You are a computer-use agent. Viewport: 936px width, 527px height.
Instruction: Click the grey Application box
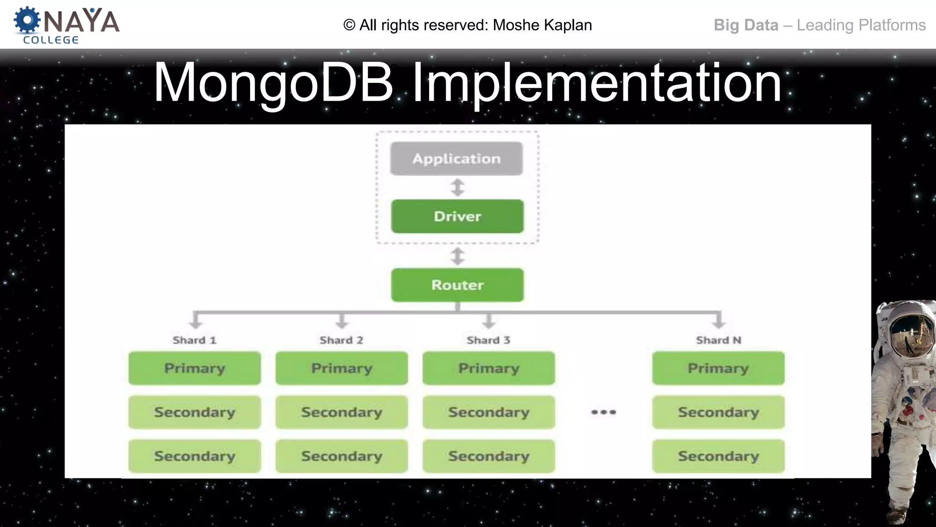456,158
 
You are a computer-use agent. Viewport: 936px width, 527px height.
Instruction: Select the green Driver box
457,216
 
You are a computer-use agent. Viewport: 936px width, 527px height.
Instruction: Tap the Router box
457,285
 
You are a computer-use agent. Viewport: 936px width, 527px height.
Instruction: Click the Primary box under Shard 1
195,368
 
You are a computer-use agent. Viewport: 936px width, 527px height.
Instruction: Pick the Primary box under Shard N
718,368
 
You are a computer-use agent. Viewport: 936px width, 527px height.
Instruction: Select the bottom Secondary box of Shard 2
341,456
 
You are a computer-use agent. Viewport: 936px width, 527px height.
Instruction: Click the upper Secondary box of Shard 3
489,412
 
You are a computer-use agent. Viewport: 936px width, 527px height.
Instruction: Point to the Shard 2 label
341,340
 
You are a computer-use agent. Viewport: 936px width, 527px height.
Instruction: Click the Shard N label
718,340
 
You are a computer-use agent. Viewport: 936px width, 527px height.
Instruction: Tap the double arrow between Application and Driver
457,187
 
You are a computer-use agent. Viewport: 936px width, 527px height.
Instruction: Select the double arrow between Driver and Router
457,256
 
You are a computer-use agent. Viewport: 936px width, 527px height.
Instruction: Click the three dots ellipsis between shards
603,412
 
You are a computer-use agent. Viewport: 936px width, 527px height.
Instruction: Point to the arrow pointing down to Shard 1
196,321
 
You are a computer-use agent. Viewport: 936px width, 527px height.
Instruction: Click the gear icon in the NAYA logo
27,20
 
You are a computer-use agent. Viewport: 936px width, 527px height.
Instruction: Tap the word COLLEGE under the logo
51,40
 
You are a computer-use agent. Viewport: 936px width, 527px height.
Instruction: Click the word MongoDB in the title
273,83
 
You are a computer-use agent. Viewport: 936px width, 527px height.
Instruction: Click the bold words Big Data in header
746,25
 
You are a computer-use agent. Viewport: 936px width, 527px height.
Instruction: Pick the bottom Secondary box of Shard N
718,456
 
